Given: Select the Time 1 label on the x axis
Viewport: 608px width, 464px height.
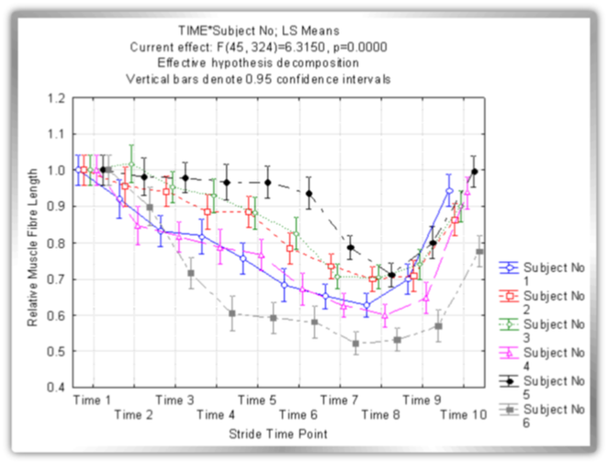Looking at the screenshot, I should (x=94, y=401).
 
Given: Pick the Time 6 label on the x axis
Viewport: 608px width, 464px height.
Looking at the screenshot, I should (x=298, y=415).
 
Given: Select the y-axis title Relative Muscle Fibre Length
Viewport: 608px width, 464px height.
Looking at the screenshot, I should (x=34, y=242).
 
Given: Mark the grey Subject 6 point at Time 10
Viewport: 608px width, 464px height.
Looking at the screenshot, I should (x=480, y=252).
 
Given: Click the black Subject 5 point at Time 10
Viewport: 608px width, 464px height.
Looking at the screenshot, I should (x=475, y=172).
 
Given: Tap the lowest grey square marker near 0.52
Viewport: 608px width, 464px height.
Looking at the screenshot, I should (x=355, y=344).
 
